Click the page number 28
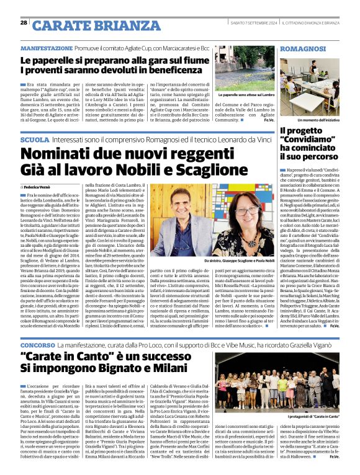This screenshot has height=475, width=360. tap(24, 22)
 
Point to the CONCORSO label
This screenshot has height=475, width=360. tap(37, 344)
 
